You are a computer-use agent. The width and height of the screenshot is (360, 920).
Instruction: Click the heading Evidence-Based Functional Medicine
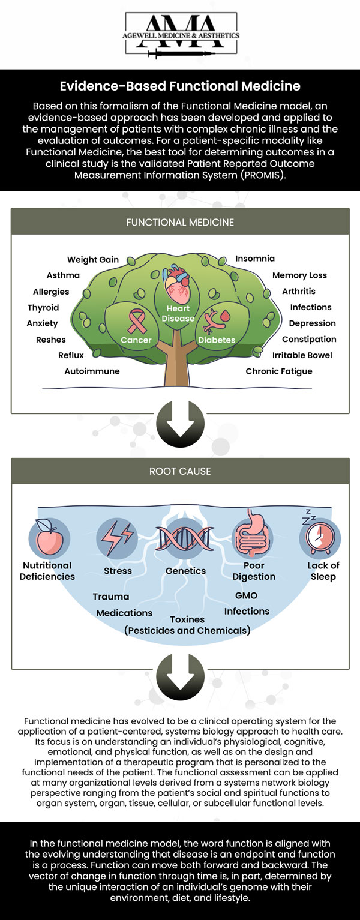click(180, 86)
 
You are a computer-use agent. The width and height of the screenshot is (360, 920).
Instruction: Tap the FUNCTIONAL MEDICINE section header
click(180, 222)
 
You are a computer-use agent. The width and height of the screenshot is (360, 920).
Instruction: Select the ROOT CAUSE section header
click(180, 471)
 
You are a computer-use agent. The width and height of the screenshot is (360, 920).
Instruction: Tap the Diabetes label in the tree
click(217, 340)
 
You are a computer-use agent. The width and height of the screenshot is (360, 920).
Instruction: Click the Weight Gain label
click(93, 260)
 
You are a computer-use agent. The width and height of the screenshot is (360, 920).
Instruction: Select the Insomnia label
click(255, 259)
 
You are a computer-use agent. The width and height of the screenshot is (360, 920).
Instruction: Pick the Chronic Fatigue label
click(279, 371)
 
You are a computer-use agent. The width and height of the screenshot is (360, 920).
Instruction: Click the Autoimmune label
click(92, 371)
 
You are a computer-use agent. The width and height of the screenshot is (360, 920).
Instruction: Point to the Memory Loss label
click(299, 275)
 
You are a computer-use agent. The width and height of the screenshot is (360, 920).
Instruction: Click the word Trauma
click(111, 597)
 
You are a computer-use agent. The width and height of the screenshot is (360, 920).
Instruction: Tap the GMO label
click(246, 595)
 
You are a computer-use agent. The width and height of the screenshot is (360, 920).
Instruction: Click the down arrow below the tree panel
click(180, 424)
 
